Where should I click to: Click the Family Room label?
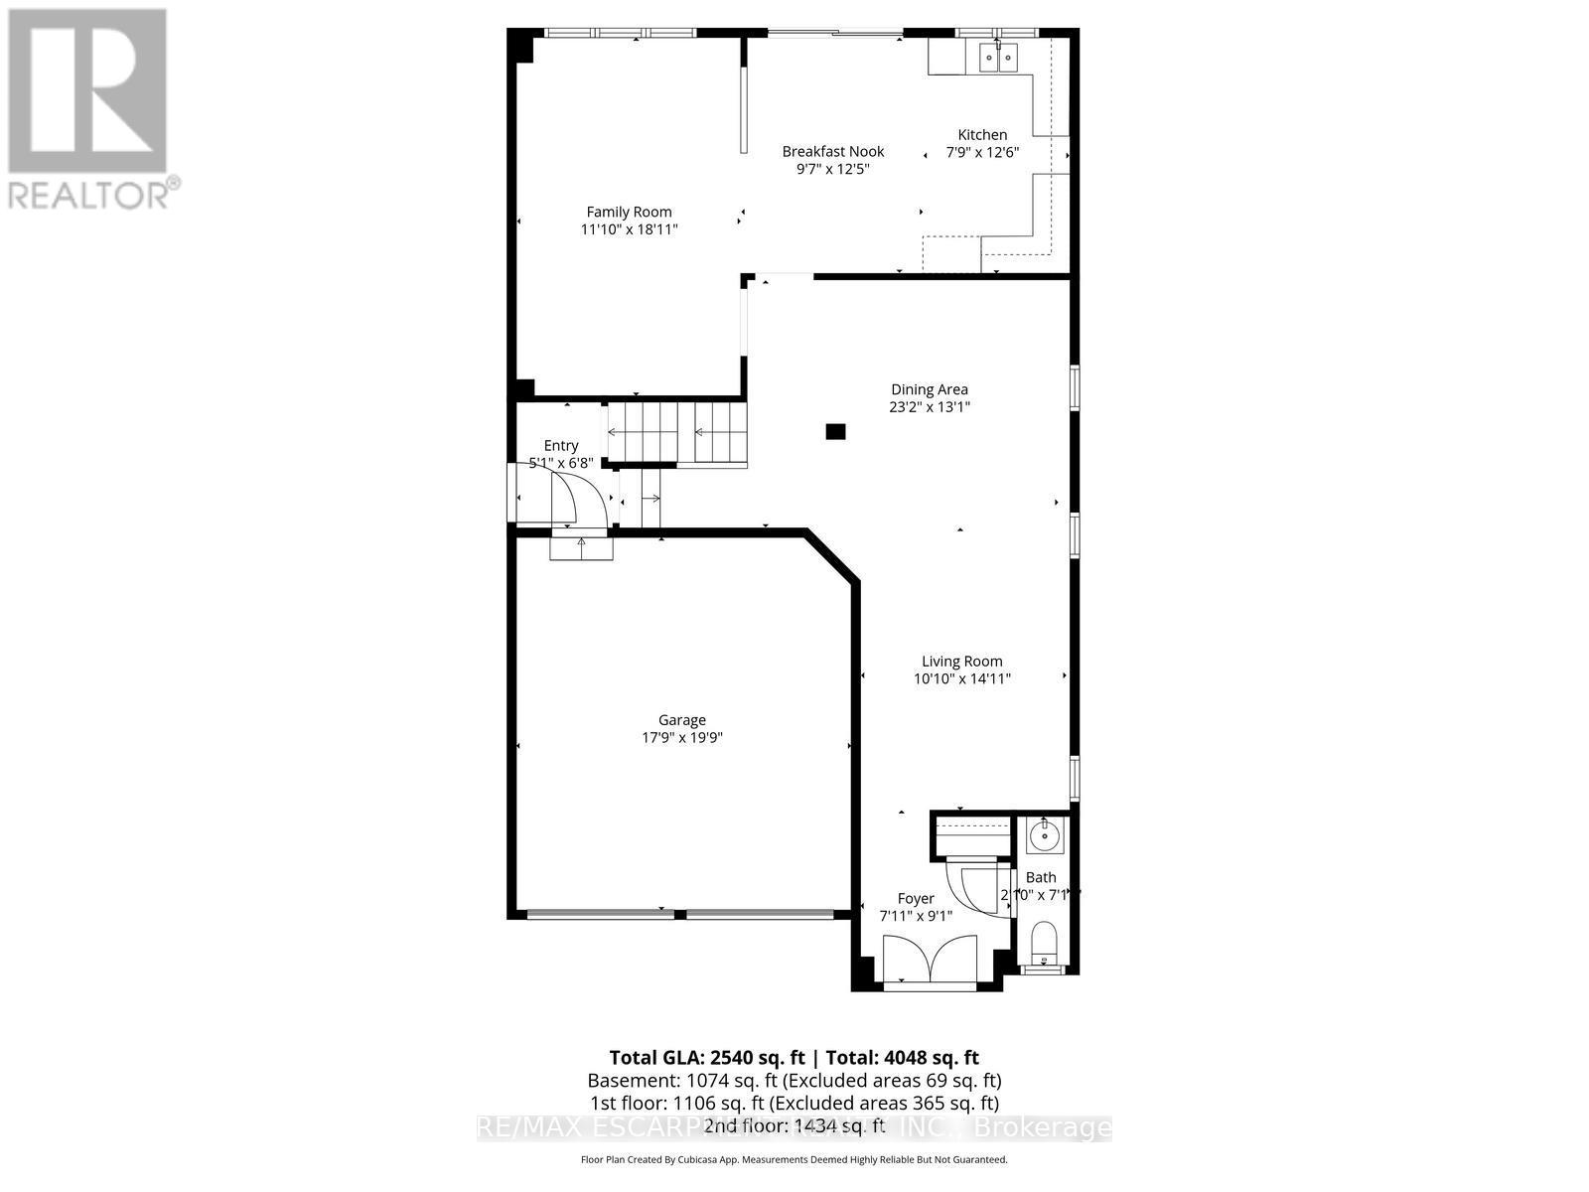coord(629,212)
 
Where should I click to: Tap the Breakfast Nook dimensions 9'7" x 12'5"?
coord(832,169)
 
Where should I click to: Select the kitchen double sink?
coord(998,59)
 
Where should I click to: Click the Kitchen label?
coord(981,135)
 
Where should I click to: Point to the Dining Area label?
coord(929,389)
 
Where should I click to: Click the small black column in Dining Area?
coord(835,431)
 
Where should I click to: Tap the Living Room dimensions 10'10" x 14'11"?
coord(961,678)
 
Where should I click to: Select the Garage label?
coord(681,720)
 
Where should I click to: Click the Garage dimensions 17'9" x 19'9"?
coord(681,737)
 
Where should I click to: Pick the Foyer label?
coord(915,898)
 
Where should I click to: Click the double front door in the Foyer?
coord(930,960)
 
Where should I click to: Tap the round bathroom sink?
coord(1044,835)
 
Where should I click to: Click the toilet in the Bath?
coord(1044,943)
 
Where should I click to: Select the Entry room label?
coord(560,446)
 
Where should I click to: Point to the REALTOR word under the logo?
coord(94,193)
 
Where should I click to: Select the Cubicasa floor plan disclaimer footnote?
coord(794,1159)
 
